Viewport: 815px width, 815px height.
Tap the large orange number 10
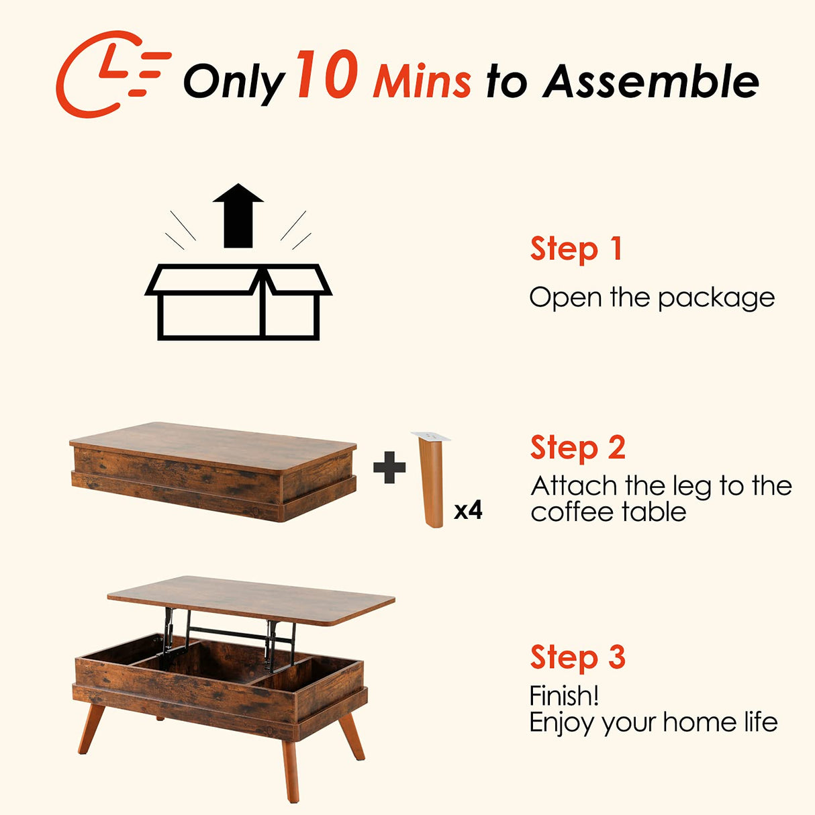coord(326,75)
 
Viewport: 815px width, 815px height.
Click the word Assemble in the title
coord(651,82)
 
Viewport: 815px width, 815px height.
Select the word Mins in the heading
coord(422,82)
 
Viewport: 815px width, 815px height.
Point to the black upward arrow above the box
coord(238,215)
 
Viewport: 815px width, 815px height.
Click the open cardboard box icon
coord(238,301)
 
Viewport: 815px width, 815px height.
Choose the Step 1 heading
coord(576,249)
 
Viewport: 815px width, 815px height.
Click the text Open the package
coord(651,297)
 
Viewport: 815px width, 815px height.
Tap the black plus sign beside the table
coord(389,467)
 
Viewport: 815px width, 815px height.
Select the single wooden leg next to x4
coord(430,481)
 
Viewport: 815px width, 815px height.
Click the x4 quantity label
coord(468,511)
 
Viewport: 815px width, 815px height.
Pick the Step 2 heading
coord(577,448)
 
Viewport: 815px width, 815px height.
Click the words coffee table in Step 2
coord(608,512)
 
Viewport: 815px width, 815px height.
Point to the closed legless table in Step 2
coord(213,470)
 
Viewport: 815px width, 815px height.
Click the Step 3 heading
coord(577,657)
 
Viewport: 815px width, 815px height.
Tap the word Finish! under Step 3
coord(564,696)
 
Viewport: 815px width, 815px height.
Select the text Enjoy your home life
coord(653,723)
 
